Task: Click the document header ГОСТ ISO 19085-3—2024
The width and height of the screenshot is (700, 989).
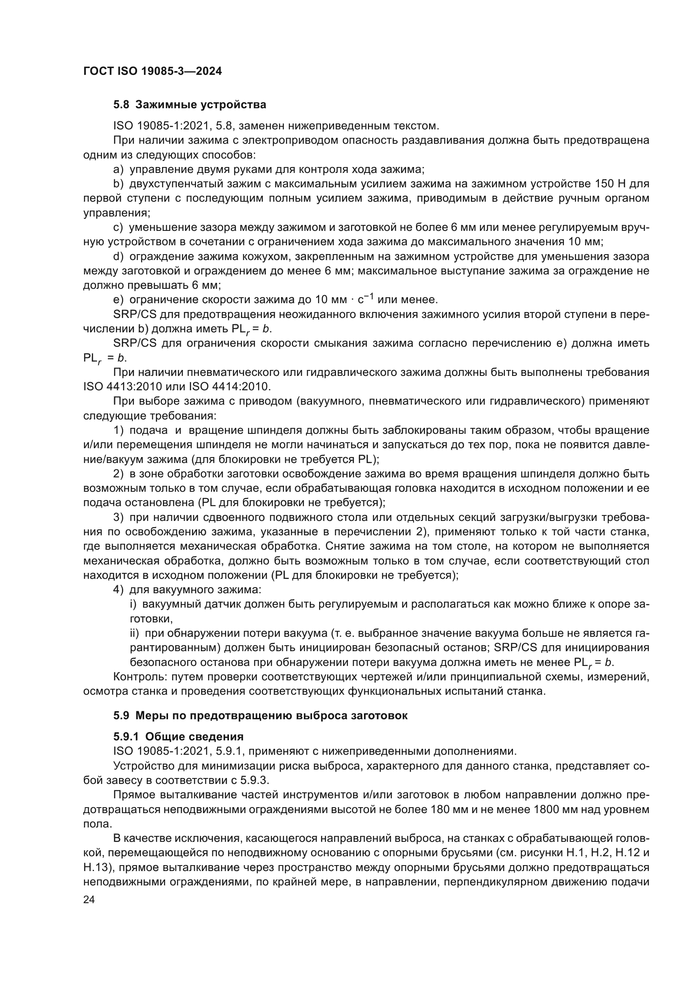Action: point(153,71)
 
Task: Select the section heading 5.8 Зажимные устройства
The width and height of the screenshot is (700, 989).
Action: point(190,105)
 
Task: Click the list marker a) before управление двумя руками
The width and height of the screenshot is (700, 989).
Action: point(118,169)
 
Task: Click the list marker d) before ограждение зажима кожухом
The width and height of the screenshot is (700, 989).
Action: point(118,257)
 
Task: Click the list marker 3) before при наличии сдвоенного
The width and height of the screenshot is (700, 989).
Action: point(118,517)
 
